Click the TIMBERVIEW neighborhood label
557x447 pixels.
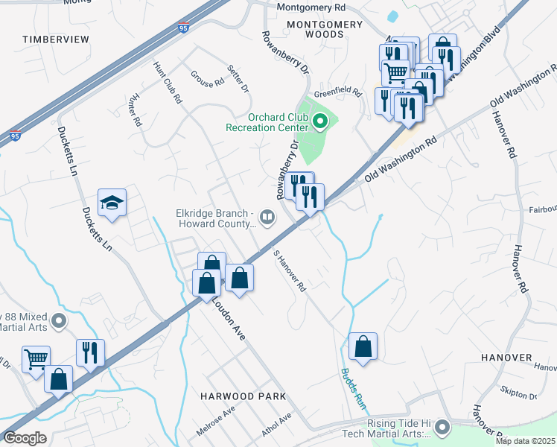click(56, 38)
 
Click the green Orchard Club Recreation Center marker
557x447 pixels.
click(320, 121)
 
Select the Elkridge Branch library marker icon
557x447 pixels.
click(267, 217)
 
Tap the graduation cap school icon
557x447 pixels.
click(112, 203)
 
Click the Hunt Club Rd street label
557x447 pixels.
click(168, 82)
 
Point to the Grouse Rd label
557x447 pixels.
click(207, 77)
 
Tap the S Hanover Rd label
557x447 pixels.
click(290, 270)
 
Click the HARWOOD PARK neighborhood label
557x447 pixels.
click(232, 396)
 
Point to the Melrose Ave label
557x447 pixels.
click(215, 420)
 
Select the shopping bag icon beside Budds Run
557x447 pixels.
click(363, 346)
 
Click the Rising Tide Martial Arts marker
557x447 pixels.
click(442, 428)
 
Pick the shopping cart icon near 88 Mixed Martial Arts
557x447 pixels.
click(36, 360)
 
